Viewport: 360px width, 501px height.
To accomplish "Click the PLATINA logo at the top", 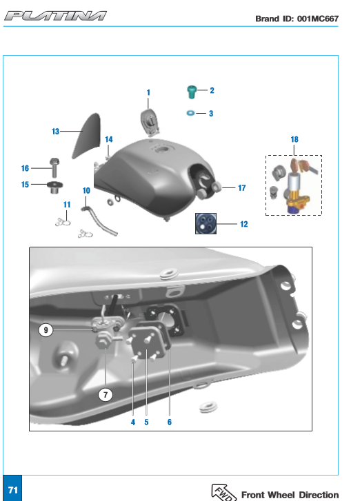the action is pos(55,16).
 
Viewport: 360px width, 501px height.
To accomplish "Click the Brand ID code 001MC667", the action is pos(317,19).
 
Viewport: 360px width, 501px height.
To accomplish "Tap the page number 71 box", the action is pos(12,488).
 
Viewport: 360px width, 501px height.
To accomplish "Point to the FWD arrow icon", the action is pos(223,493).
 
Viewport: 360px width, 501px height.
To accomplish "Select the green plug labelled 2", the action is pos(192,92).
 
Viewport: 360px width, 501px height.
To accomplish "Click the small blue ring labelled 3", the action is pos(190,113).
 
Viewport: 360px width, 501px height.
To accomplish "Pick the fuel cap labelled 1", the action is pos(150,123).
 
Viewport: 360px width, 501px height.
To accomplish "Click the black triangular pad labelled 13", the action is pos(87,136).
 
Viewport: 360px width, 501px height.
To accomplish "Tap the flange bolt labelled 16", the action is pos(54,167).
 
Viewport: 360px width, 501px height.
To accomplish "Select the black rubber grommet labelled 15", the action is pos(54,187).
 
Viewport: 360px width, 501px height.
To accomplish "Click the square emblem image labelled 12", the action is pos(206,223).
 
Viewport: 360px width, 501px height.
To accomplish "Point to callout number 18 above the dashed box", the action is pos(294,139).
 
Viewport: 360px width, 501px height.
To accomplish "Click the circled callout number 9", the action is pos(46,329).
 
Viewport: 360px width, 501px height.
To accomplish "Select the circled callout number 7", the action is pos(106,395).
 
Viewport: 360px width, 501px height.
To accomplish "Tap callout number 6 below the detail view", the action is pos(170,422).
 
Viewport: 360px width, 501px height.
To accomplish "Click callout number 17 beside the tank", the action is pos(242,188).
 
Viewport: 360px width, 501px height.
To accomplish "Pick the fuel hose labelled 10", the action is pos(99,221).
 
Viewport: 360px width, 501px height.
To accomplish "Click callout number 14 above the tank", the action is pos(109,139).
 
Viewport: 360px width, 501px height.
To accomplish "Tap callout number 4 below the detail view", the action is pos(133,422).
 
